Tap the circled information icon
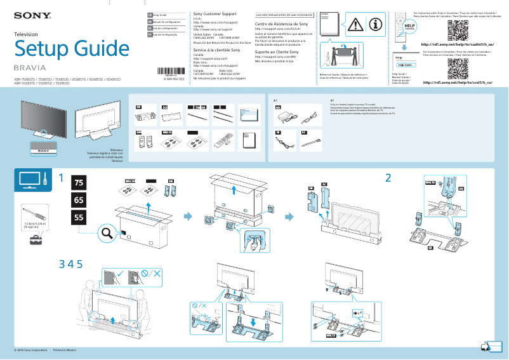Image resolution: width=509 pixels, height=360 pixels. tap(376, 24)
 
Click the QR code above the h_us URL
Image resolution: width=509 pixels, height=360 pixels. tap(457, 30)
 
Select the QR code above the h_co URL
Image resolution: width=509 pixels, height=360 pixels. tap(457, 67)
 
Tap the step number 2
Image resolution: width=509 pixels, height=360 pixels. tap(387, 177)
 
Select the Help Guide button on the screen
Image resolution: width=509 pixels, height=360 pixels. tap(404, 65)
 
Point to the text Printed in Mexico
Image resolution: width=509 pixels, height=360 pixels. tap(65, 350)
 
